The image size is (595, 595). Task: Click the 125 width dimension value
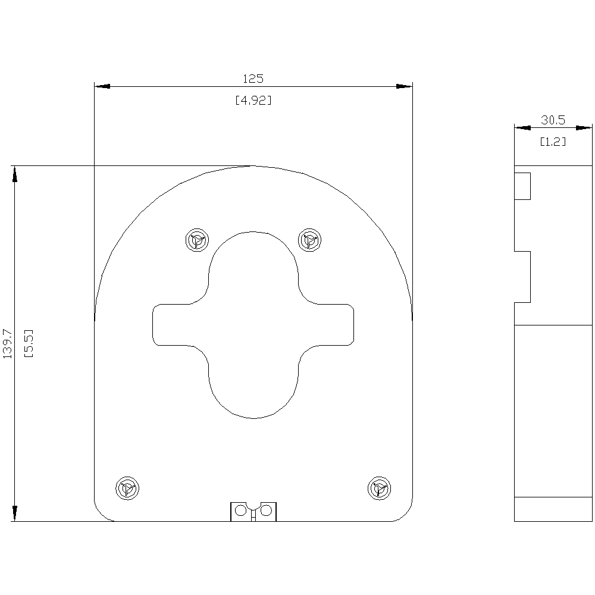(x=253, y=79)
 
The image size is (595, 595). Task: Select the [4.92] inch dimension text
(x=253, y=101)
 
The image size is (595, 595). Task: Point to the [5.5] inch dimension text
(x=28, y=343)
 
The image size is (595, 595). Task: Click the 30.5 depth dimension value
(x=553, y=120)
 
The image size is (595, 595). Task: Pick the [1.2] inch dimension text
(x=553, y=142)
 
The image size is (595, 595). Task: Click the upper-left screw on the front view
(x=197, y=240)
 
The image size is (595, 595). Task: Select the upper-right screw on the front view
(x=309, y=240)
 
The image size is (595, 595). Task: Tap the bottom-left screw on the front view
(x=127, y=488)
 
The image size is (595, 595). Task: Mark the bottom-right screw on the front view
(x=379, y=488)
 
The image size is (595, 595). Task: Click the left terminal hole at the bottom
(x=240, y=511)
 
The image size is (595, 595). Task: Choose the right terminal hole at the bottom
(x=266, y=511)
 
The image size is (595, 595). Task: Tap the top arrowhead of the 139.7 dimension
(x=14, y=173)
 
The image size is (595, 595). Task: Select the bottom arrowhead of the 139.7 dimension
(x=14, y=514)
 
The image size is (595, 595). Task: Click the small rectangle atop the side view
(x=522, y=186)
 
